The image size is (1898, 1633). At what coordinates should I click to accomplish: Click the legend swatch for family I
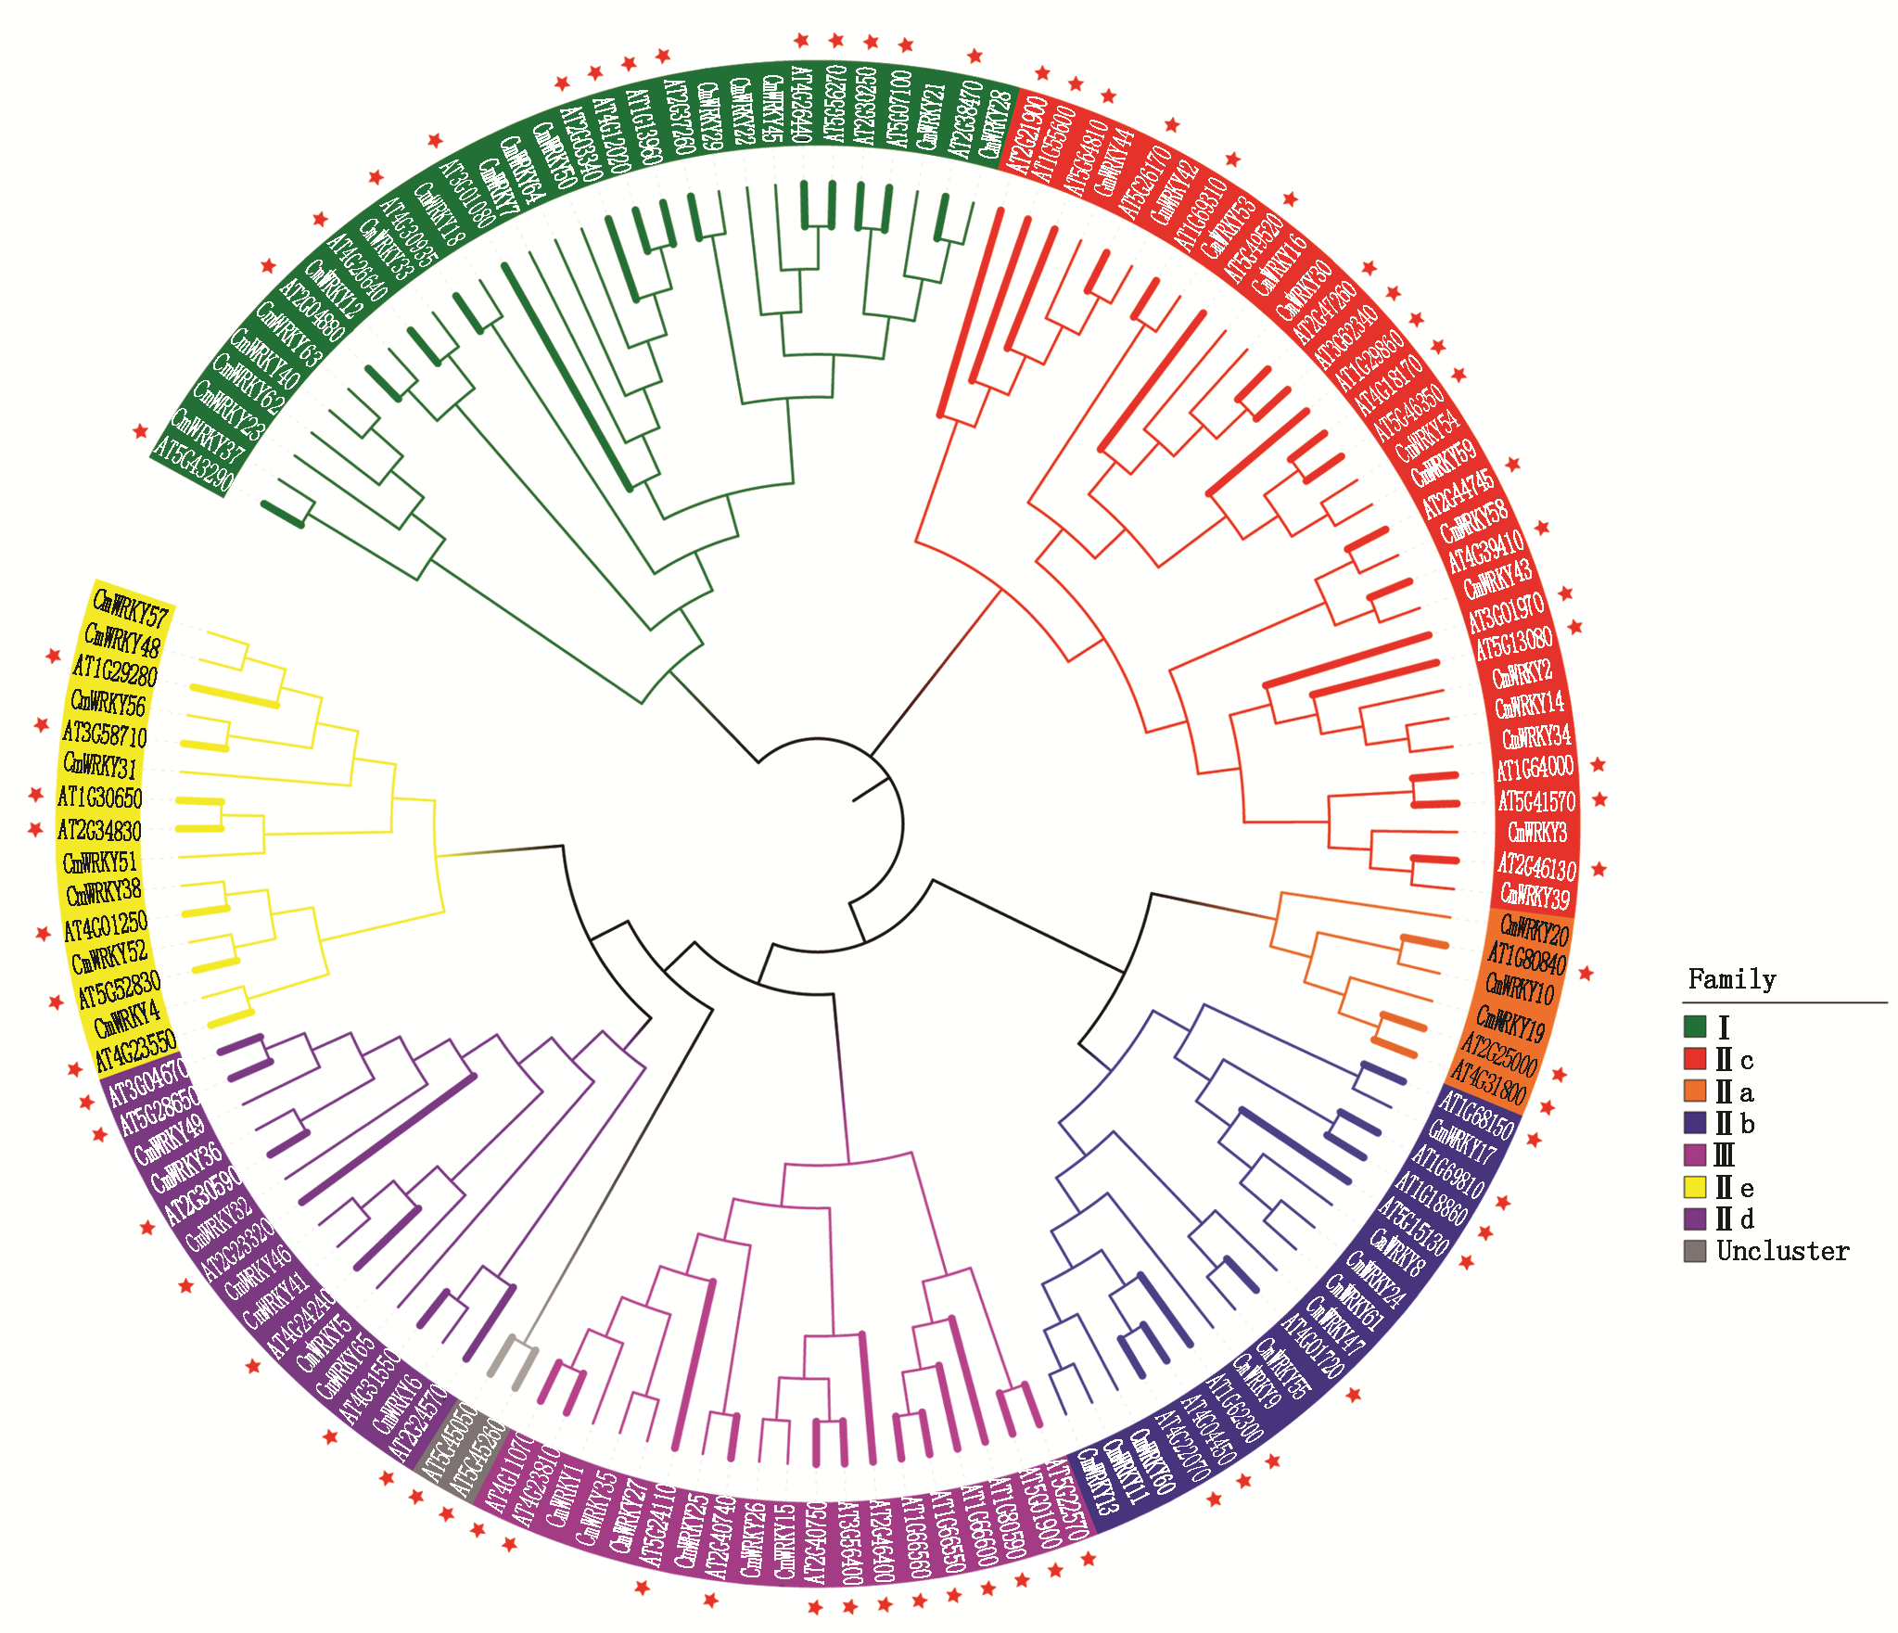pos(1695,1027)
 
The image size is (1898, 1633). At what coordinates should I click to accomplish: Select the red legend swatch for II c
pos(1695,1058)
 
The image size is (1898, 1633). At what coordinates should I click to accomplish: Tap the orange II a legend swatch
pos(1695,1091)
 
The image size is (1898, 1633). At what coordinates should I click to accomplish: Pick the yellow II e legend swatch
pos(1695,1186)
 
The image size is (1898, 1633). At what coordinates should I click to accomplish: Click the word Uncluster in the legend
pos(1782,1251)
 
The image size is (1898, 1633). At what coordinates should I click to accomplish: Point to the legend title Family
pos(1731,979)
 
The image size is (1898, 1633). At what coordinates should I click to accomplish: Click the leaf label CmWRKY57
pos(132,609)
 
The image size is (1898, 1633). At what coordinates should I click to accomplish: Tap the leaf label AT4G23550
pos(135,1051)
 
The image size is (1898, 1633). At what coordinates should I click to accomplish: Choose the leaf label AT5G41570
pos(1536,800)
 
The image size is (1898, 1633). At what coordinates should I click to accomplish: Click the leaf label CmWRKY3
pos(1537,832)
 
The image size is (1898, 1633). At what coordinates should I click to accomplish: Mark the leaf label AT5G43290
pos(193,463)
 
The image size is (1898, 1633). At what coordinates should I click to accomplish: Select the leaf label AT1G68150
pos(1475,1116)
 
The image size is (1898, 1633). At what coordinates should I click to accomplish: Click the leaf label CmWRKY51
pos(99,862)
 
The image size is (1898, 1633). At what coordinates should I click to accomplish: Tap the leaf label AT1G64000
pos(1535,768)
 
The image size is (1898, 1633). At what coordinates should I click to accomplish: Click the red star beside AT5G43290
pos(140,431)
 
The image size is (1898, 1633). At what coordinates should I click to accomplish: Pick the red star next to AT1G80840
pos(1586,974)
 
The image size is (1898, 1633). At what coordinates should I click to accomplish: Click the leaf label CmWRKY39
pos(1535,896)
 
